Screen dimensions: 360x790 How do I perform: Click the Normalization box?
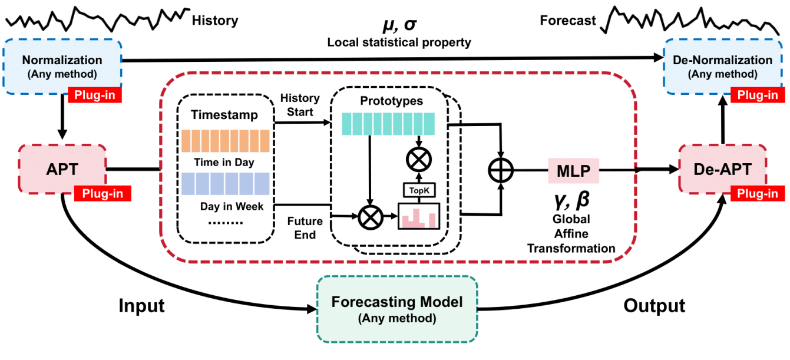tap(62, 66)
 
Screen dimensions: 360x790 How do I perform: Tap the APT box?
tap(62, 169)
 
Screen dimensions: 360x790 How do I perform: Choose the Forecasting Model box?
tap(396, 309)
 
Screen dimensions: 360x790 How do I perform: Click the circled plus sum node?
tap(501, 171)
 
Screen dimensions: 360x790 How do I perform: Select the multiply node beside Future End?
tap(371, 217)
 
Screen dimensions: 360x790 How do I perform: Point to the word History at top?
tap(215, 21)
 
